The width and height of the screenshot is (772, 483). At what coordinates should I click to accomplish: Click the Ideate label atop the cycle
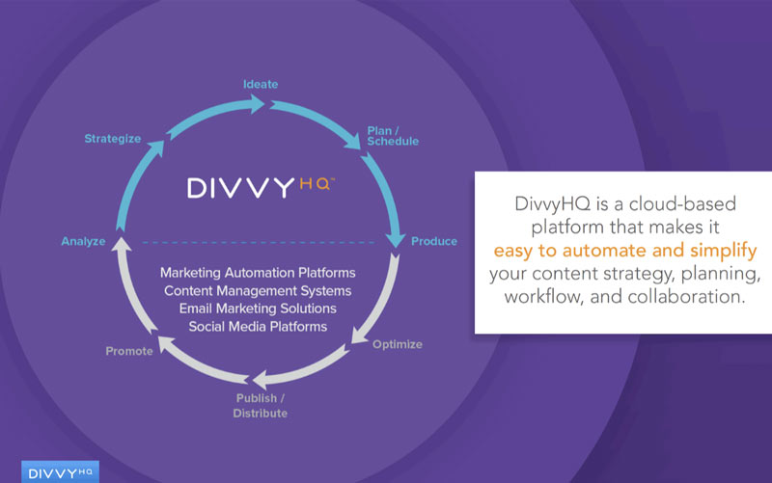tap(261, 84)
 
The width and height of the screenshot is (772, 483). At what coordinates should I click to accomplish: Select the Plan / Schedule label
tap(393, 136)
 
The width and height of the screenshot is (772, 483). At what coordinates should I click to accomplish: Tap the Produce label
tap(434, 241)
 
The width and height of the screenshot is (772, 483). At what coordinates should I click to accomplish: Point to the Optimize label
tap(398, 344)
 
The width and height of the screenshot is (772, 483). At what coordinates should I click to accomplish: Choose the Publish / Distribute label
tap(260, 406)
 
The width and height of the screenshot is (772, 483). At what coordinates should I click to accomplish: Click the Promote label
tap(129, 351)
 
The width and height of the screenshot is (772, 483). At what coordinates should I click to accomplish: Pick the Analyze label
tap(83, 241)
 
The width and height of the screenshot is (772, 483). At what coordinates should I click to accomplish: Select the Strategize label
tap(113, 139)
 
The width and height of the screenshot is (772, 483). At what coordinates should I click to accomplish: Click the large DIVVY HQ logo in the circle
tap(261, 187)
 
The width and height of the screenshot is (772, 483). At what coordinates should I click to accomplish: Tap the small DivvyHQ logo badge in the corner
tap(60, 472)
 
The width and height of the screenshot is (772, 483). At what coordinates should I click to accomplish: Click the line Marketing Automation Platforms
tap(258, 273)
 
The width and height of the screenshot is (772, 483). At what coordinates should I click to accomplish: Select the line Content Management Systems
tap(258, 291)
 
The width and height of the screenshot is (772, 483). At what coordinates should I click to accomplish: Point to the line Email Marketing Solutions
tap(258, 309)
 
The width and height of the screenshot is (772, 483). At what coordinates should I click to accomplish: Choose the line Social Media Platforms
tap(258, 327)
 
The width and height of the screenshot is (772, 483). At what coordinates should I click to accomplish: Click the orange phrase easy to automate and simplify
tap(625, 251)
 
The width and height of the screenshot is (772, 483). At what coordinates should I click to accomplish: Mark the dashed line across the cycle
tap(259, 243)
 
